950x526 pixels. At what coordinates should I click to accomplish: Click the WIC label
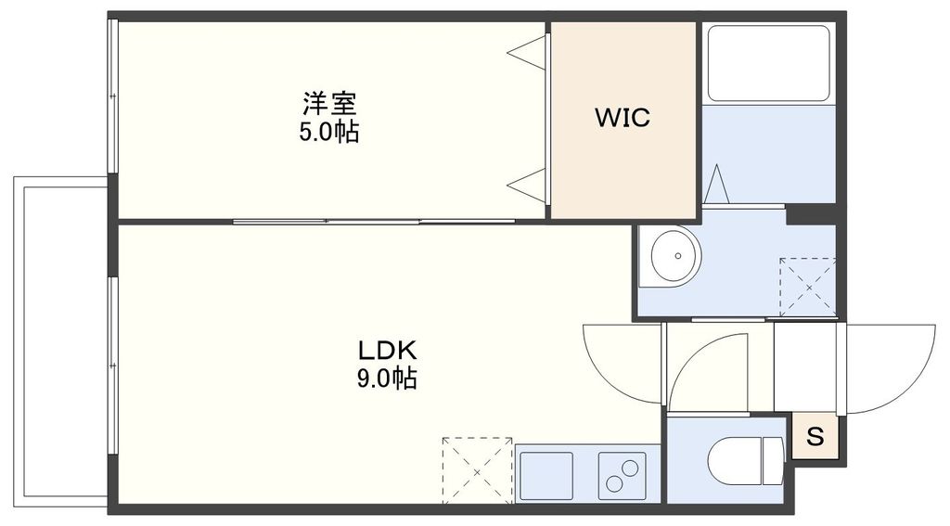coord(623,118)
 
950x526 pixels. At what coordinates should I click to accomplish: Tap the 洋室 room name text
coord(328,101)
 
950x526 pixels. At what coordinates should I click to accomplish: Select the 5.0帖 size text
coord(328,133)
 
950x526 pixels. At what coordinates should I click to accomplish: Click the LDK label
coord(389,351)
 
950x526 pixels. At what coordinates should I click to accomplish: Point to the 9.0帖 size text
coord(389,378)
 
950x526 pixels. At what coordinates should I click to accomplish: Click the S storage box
coord(815,436)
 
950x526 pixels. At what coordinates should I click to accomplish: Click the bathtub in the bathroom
coord(768,62)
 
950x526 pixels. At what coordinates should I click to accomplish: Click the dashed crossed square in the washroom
coord(807,286)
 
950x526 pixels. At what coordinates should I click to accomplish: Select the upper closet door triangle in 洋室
coord(530,51)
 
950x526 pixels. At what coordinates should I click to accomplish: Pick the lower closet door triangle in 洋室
coord(530,185)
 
